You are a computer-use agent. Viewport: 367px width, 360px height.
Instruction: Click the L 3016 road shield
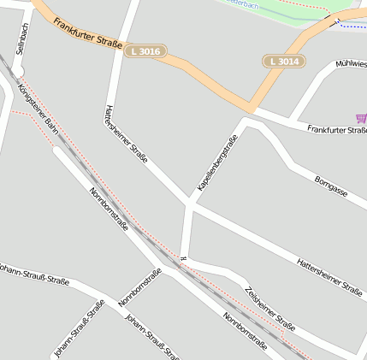[144, 52]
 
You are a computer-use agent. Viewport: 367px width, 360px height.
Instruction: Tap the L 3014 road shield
[283, 62]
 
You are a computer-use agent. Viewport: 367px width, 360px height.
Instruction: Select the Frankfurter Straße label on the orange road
[87, 31]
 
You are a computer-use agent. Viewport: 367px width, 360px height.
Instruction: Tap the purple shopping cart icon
[361, 118]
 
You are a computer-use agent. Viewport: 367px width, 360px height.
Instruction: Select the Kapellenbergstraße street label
[217, 162]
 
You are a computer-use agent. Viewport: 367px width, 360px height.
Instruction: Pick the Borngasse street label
[331, 186]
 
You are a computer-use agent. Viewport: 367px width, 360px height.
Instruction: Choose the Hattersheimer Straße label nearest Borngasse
[329, 274]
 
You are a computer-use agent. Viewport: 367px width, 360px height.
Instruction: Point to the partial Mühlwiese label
[351, 64]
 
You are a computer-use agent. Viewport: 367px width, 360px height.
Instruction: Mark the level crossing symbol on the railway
[183, 258]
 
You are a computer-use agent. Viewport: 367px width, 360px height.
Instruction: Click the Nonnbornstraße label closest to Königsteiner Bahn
[109, 210]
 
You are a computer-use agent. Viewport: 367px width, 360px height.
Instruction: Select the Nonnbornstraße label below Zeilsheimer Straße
[246, 332]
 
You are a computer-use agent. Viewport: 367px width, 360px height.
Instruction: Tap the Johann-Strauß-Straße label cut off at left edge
[34, 274]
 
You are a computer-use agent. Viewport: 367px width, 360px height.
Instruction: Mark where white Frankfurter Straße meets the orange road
[253, 108]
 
